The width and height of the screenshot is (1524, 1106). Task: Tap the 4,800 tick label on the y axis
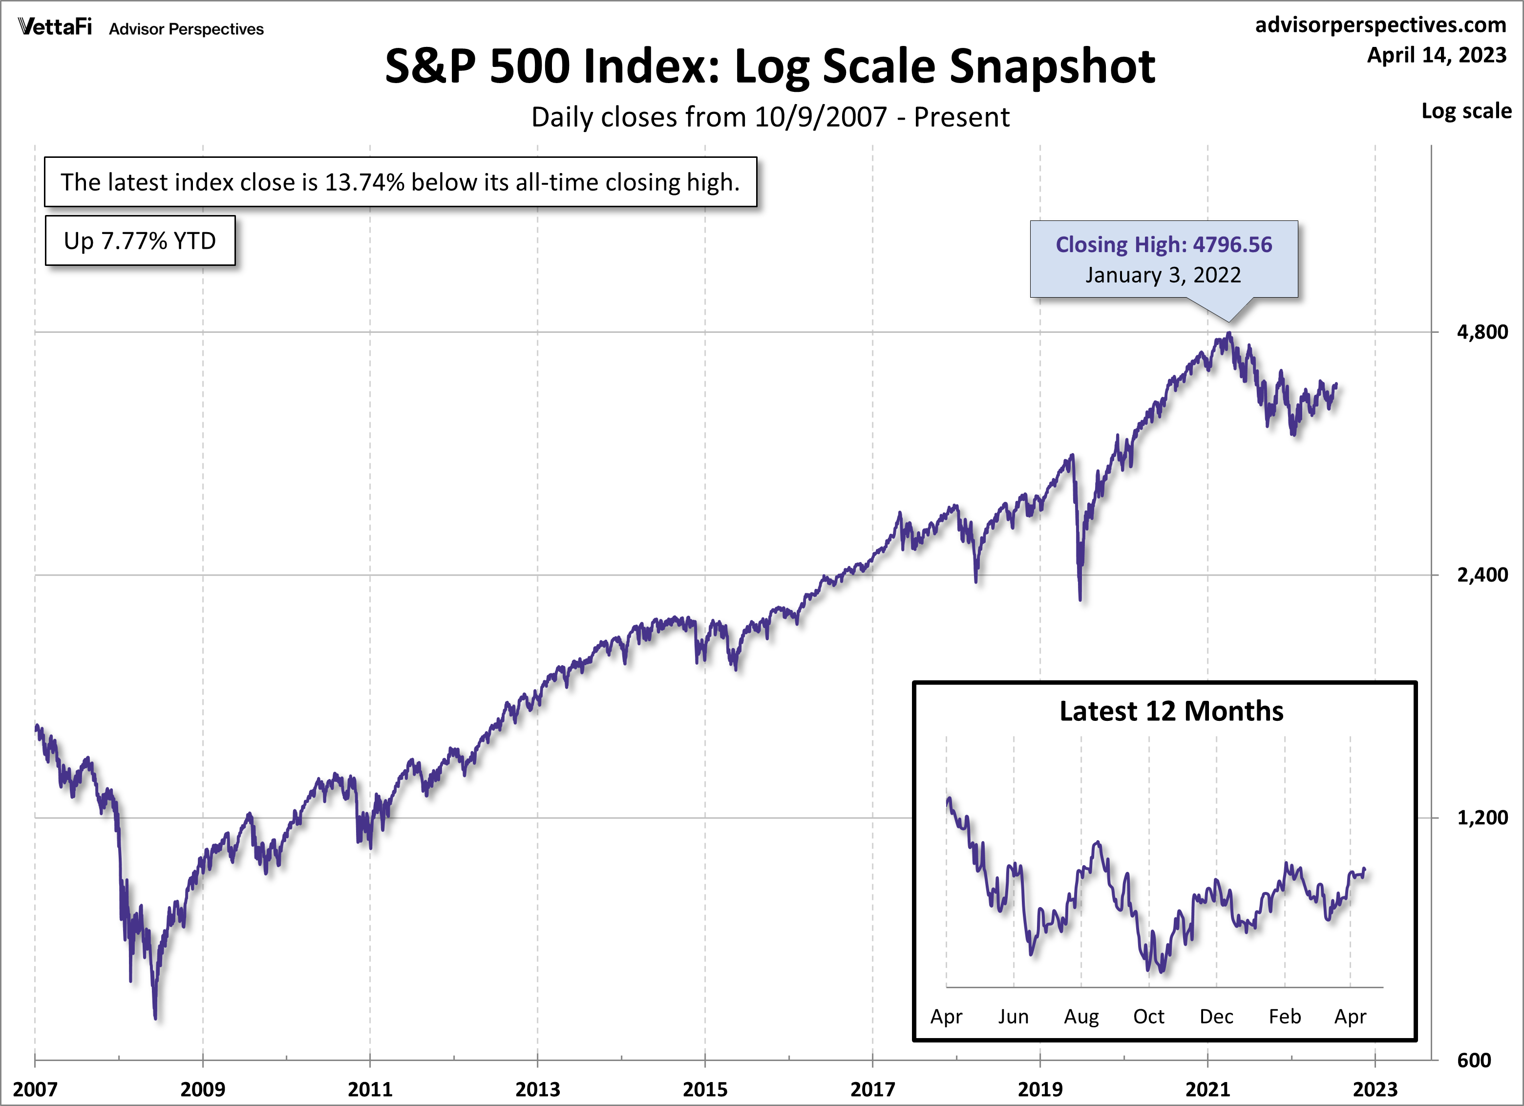tap(1482, 332)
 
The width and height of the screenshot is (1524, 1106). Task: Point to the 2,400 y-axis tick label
tap(1482, 575)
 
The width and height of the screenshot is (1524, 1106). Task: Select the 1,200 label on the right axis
tap(1482, 818)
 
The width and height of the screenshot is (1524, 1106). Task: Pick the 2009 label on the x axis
tap(202, 1088)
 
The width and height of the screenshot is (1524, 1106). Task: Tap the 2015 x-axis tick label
tap(705, 1088)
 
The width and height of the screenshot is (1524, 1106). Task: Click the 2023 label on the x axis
tap(1375, 1088)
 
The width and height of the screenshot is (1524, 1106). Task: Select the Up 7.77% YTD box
tap(140, 240)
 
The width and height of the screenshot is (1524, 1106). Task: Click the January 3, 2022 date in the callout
tap(1163, 275)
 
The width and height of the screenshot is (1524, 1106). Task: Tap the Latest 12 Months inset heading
tap(1171, 711)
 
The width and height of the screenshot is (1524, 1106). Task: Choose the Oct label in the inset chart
tap(1148, 1016)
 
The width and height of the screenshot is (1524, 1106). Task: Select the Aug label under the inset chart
tap(1080, 1016)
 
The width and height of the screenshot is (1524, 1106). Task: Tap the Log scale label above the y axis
tap(1466, 111)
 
